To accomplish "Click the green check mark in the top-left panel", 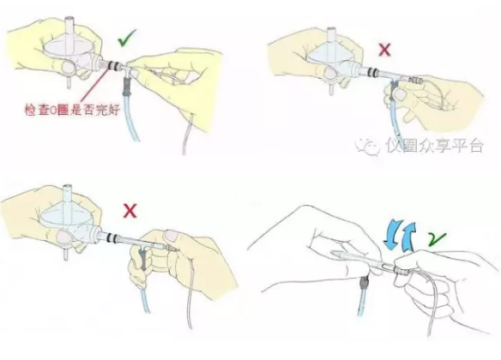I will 128,39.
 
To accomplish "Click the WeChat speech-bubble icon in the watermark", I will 370,147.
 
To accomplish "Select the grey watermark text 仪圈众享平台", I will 434,147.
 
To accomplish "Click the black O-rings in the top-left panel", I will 108,63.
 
